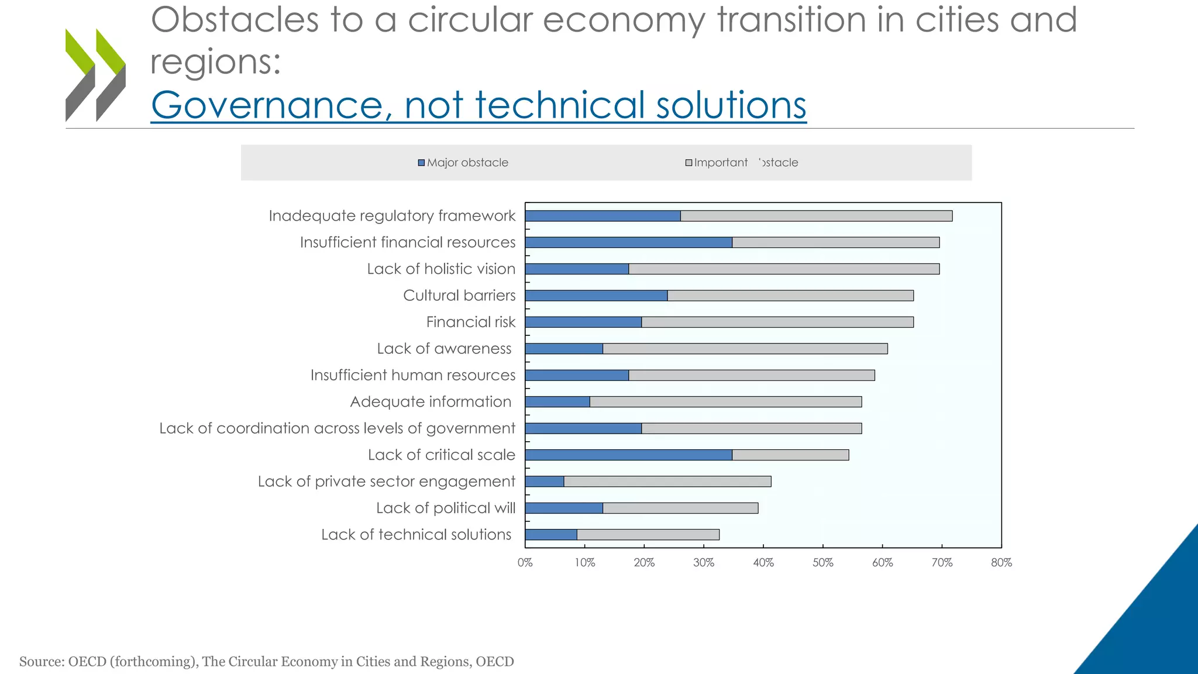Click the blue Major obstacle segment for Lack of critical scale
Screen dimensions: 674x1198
pos(628,455)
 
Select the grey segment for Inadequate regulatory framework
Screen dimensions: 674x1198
pos(816,216)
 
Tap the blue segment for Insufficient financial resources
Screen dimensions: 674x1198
pos(628,242)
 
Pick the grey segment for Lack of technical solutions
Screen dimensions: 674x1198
pos(648,535)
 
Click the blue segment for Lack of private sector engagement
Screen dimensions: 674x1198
pos(545,482)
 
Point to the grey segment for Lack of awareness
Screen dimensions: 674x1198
pos(745,349)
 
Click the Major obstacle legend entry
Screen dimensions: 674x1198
pos(463,163)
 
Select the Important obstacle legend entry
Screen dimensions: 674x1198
pos(742,163)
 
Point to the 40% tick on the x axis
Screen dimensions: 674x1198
pos(763,562)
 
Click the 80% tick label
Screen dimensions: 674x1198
pos(1001,562)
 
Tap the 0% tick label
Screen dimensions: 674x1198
pos(525,562)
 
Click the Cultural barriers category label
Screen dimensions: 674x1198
pos(459,295)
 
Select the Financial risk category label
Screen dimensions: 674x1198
pos(470,322)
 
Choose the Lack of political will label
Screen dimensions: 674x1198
pos(445,508)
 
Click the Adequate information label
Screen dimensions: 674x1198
pos(431,402)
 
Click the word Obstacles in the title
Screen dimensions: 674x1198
pos(235,20)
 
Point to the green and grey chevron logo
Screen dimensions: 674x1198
pos(95,75)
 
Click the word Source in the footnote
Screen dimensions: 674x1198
pos(41,662)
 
